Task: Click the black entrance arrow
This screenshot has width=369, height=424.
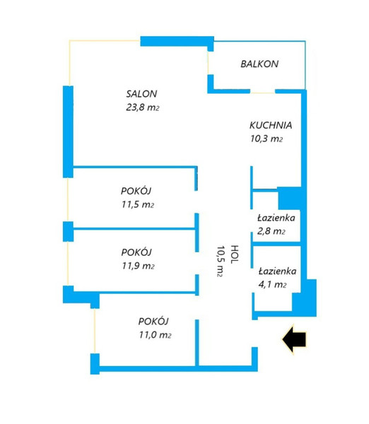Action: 294,338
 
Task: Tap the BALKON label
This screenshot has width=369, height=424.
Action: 259,64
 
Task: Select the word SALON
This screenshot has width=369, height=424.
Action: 141,94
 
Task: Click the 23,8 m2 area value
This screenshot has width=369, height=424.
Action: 143,107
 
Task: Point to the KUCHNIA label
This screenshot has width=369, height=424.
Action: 271,125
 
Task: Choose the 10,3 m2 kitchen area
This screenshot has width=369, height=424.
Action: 266,139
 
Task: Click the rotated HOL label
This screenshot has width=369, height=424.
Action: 234,254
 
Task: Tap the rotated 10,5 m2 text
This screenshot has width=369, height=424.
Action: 221,261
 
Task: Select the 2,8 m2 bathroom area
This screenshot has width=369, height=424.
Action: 271,231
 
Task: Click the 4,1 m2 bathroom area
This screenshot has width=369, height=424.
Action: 272,285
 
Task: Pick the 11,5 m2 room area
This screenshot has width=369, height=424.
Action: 138,204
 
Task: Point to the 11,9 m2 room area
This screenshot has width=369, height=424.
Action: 138,266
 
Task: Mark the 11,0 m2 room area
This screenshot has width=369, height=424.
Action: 155,335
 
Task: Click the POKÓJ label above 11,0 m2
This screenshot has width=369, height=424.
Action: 153,322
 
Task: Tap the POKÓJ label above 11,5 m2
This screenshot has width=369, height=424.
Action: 136,191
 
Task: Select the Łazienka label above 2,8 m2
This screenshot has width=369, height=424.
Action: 276,218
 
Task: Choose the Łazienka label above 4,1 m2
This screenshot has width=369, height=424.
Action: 277,271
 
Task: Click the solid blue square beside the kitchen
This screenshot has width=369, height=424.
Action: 290,198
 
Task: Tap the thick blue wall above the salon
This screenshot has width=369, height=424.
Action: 177,41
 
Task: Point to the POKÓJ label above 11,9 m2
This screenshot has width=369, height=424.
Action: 136,252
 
